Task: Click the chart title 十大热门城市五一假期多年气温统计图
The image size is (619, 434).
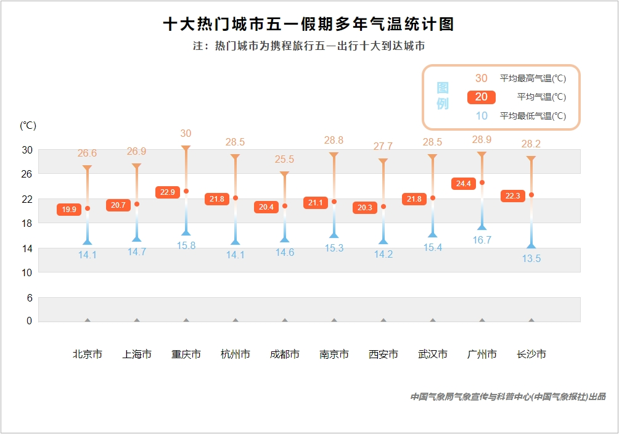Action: [x=309, y=25]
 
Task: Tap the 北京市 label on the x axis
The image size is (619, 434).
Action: [x=88, y=354]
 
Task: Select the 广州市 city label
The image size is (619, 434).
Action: [x=482, y=354]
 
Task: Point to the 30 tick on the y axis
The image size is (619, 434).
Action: [x=27, y=150]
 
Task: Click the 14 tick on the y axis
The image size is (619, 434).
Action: [x=27, y=248]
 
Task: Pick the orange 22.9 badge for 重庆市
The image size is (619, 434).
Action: [x=168, y=192]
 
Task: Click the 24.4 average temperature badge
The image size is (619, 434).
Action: [x=464, y=184]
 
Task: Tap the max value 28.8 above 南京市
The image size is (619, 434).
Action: [x=334, y=141]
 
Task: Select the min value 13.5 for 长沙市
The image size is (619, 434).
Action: [x=531, y=259]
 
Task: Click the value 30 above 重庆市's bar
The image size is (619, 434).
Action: [x=186, y=133]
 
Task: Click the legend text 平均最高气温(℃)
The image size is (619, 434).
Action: [x=533, y=78]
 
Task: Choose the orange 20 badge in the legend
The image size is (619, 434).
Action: [x=482, y=97]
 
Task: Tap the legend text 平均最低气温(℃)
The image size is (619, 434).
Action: [x=533, y=116]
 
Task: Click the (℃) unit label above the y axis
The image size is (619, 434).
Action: [x=28, y=126]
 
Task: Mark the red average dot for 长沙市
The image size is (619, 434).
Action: [x=531, y=195]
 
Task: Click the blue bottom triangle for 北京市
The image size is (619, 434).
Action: [x=88, y=242]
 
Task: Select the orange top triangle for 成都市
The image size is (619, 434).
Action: [x=285, y=174]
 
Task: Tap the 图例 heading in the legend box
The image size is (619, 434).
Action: [x=443, y=96]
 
